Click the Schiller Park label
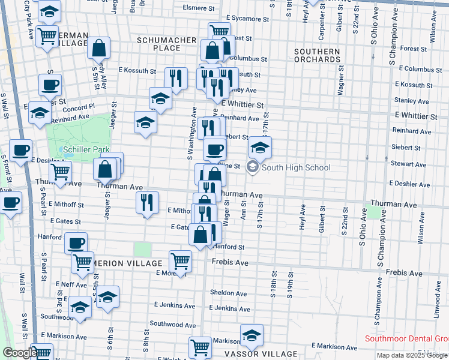coord(85,149)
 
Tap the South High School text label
coord(296,167)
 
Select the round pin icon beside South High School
coord(253,167)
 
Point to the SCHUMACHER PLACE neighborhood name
coord(167,44)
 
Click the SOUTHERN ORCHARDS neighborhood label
coord(318,55)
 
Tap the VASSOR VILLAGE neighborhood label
coord(262,353)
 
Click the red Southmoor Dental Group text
coord(406,339)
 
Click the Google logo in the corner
coord(19,353)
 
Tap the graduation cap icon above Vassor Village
coord(252,335)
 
